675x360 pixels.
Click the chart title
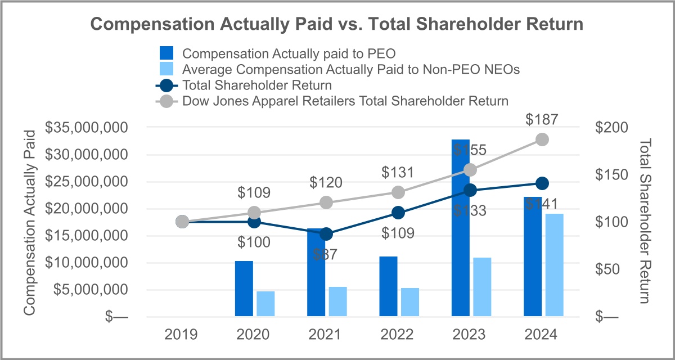click(x=337, y=24)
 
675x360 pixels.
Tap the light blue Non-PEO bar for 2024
click(x=554, y=264)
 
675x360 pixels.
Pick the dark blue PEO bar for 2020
click(x=244, y=288)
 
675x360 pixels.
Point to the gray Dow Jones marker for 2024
click(x=542, y=139)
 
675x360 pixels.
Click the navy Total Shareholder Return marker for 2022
click(x=398, y=213)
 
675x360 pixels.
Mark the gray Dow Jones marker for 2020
click(x=254, y=213)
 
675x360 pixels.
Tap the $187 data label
click(x=541, y=119)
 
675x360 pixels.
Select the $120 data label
click(x=326, y=183)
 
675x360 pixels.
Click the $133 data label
click(x=470, y=211)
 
